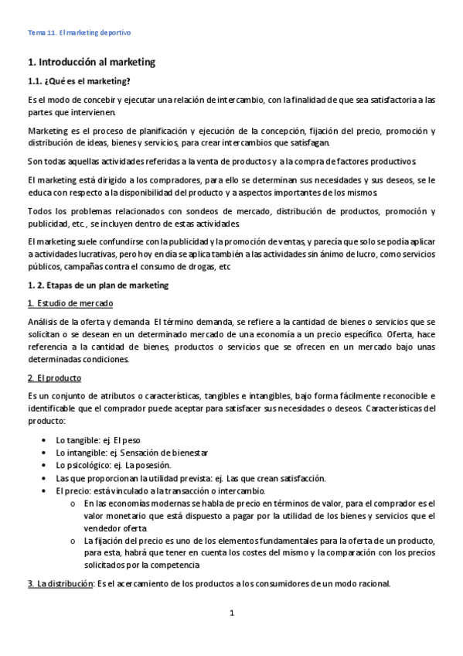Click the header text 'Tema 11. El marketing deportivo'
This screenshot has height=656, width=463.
(x=80, y=33)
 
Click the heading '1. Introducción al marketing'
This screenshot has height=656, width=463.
(x=91, y=61)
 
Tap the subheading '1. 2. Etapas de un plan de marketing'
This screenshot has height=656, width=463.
(x=97, y=285)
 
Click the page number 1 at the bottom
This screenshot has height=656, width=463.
(x=231, y=613)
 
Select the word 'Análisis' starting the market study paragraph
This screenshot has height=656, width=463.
(x=43, y=321)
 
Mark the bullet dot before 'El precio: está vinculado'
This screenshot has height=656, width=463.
(x=50, y=490)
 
